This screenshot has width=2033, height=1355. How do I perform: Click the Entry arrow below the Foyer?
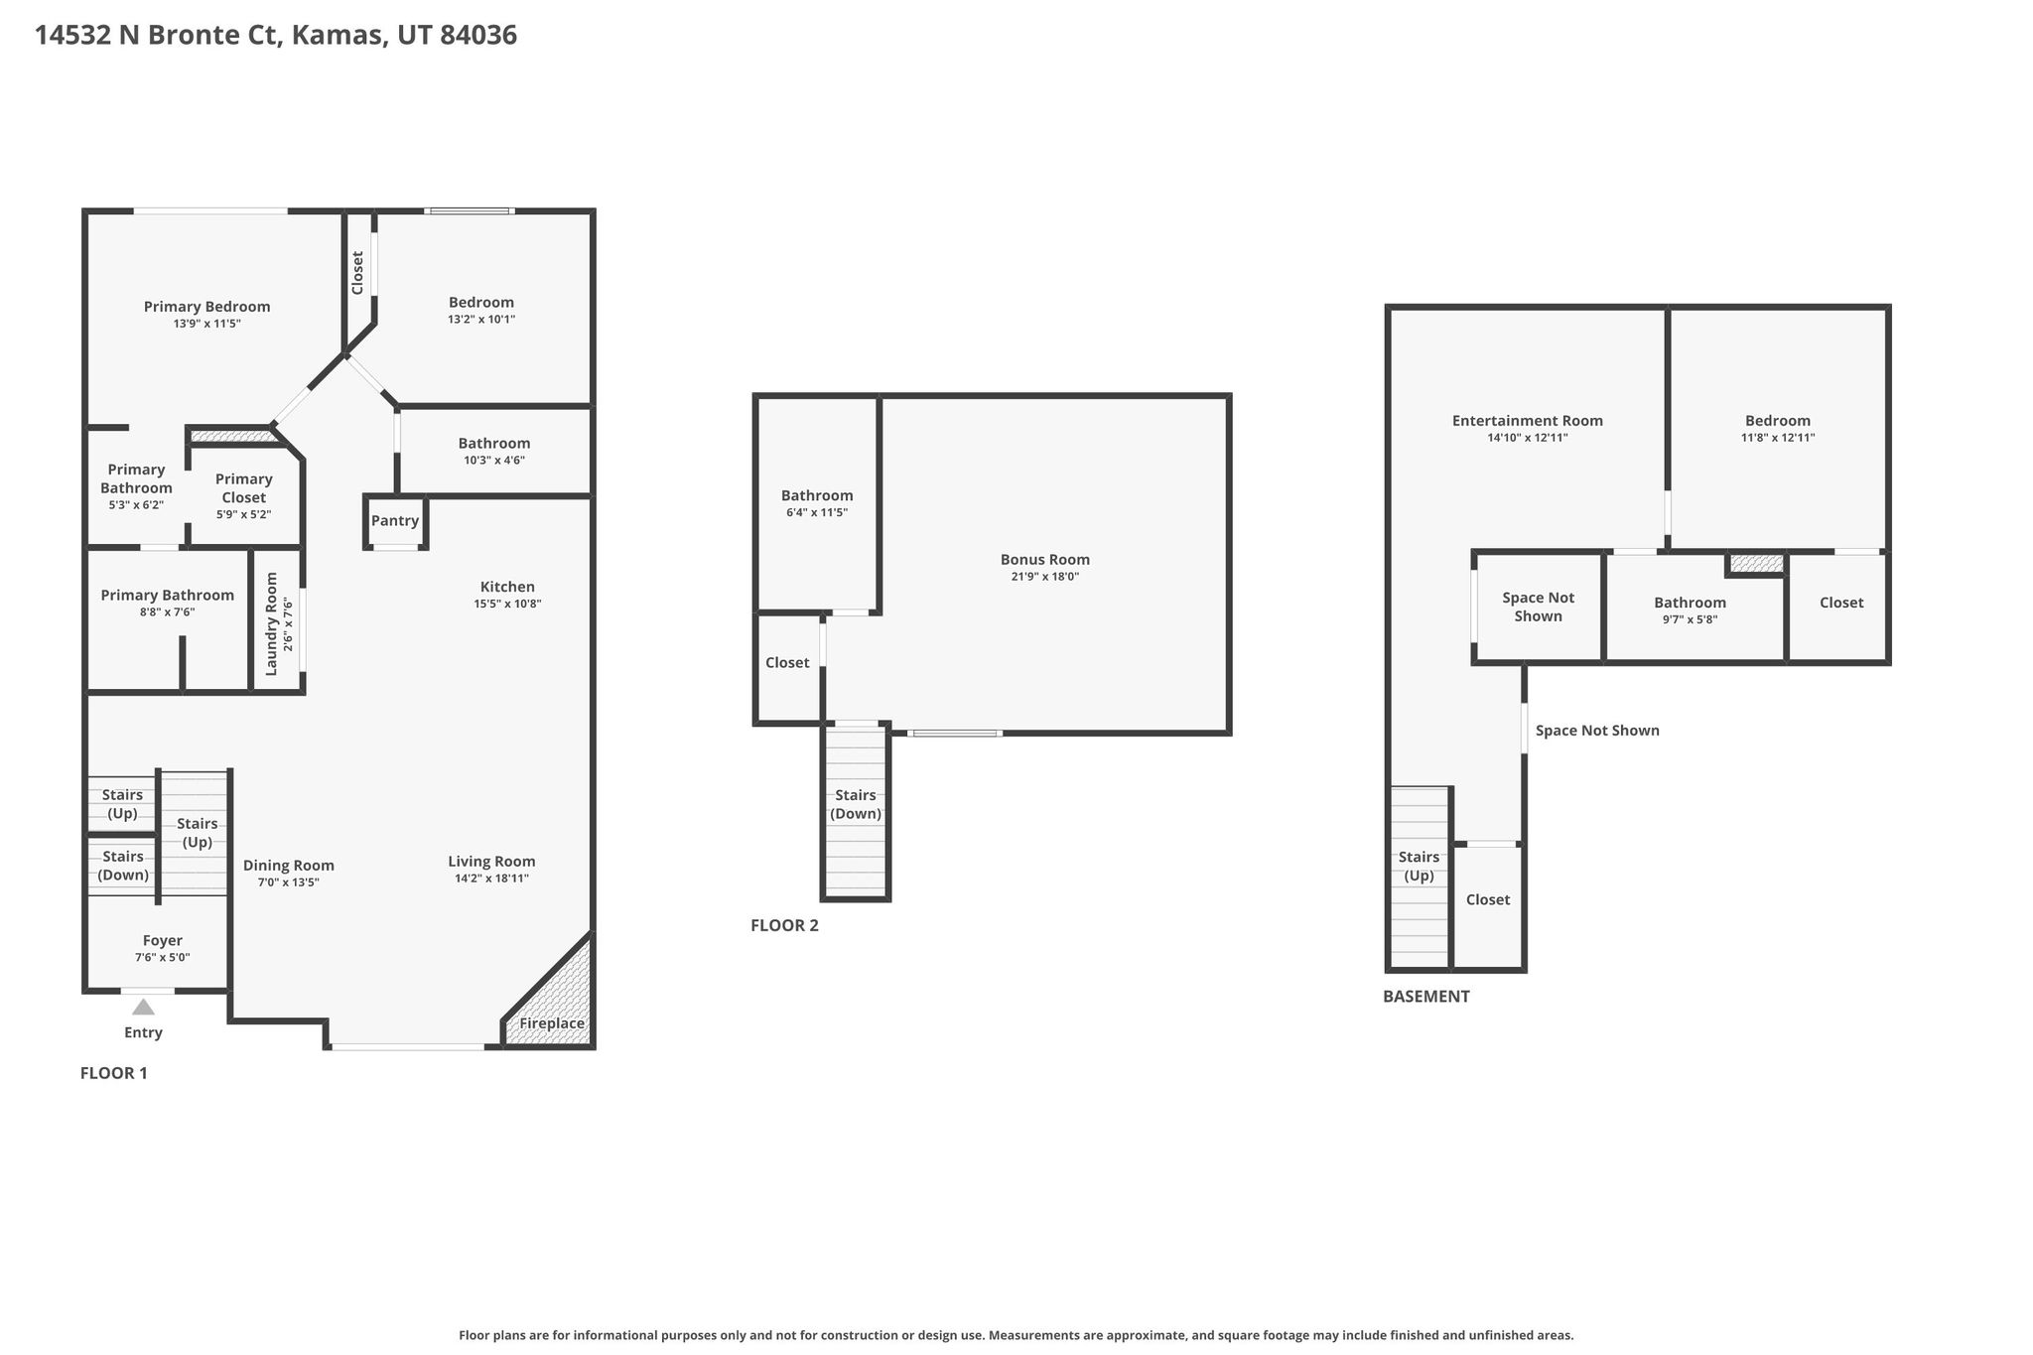tap(144, 1008)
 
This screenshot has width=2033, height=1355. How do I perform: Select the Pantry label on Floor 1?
tap(395, 521)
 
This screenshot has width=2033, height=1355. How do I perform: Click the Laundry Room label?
tap(271, 624)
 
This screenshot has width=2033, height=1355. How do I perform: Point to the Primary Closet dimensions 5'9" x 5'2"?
tap(244, 515)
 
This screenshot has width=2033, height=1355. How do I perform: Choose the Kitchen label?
tap(507, 587)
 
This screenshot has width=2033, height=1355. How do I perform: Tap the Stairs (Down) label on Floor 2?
tap(856, 804)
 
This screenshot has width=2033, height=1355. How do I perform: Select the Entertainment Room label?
tap(1528, 421)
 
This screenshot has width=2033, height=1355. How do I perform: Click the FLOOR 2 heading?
tap(784, 926)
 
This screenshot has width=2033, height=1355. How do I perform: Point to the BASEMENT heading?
tap(1426, 997)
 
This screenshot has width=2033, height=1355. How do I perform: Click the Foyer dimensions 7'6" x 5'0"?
tap(163, 958)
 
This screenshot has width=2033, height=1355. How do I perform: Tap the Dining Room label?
tap(289, 866)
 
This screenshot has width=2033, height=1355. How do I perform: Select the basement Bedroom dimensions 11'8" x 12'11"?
tap(1778, 438)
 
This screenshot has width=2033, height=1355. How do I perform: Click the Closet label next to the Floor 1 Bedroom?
tap(358, 272)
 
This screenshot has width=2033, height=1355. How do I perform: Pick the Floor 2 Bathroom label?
tap(817, 495)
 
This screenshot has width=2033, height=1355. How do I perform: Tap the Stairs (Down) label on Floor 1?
tap(123, 866)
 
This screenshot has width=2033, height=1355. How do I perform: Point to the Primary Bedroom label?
tap(207, 307)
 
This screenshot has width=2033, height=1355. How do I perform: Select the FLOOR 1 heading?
tap(114, 1073)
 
